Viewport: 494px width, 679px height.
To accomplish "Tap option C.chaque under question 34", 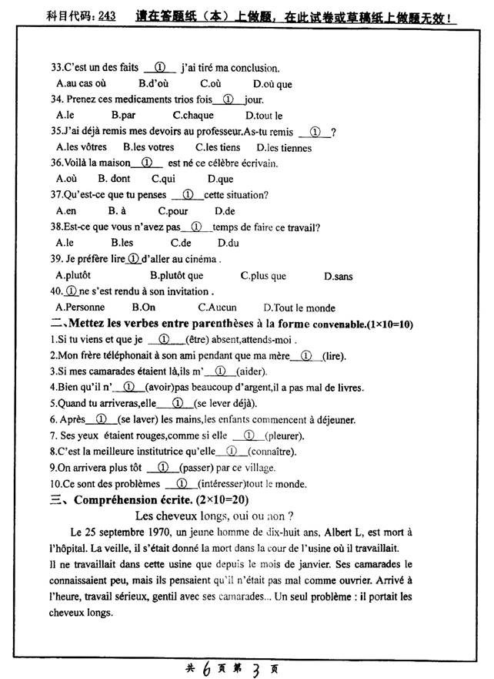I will (193, 115).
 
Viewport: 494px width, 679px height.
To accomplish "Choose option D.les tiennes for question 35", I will (285, 147).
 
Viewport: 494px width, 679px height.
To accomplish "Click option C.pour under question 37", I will (173, 210).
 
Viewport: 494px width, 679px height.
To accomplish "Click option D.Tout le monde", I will (299, 308).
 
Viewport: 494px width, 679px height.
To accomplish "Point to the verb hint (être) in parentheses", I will (201, 340).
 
